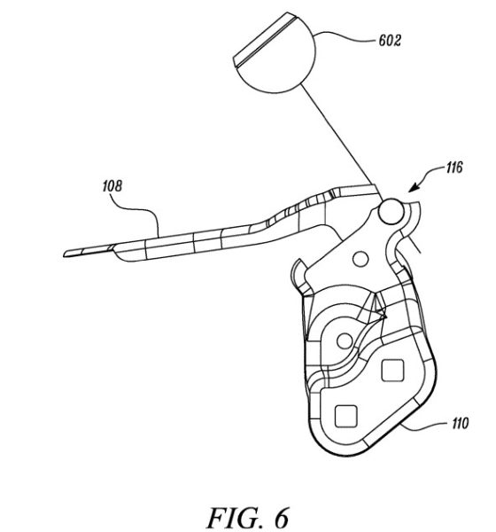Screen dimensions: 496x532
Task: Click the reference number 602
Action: click(390, 41)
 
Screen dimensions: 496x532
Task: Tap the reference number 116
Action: click(454, 168)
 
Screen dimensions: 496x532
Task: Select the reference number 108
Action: click(112, 186)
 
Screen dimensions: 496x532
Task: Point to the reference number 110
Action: click(460, 424)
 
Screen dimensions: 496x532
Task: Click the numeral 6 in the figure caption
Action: click(280, 518)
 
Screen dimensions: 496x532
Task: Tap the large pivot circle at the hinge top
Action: click(391, 212)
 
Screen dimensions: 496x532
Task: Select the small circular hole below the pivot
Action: click(360, 259)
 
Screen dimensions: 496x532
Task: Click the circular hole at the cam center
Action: click(345, 341)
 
